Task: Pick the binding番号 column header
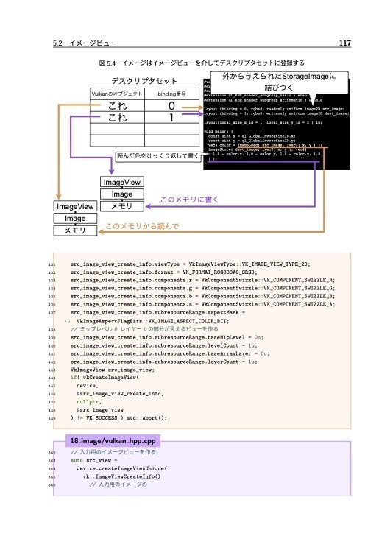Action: pos(171,95)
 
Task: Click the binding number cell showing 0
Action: pos(171,107)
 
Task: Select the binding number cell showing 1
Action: pos(171,119)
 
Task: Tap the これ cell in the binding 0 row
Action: pos(115,107)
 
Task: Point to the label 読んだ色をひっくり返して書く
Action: pos(157,156)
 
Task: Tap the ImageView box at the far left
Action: pos(75,207)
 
